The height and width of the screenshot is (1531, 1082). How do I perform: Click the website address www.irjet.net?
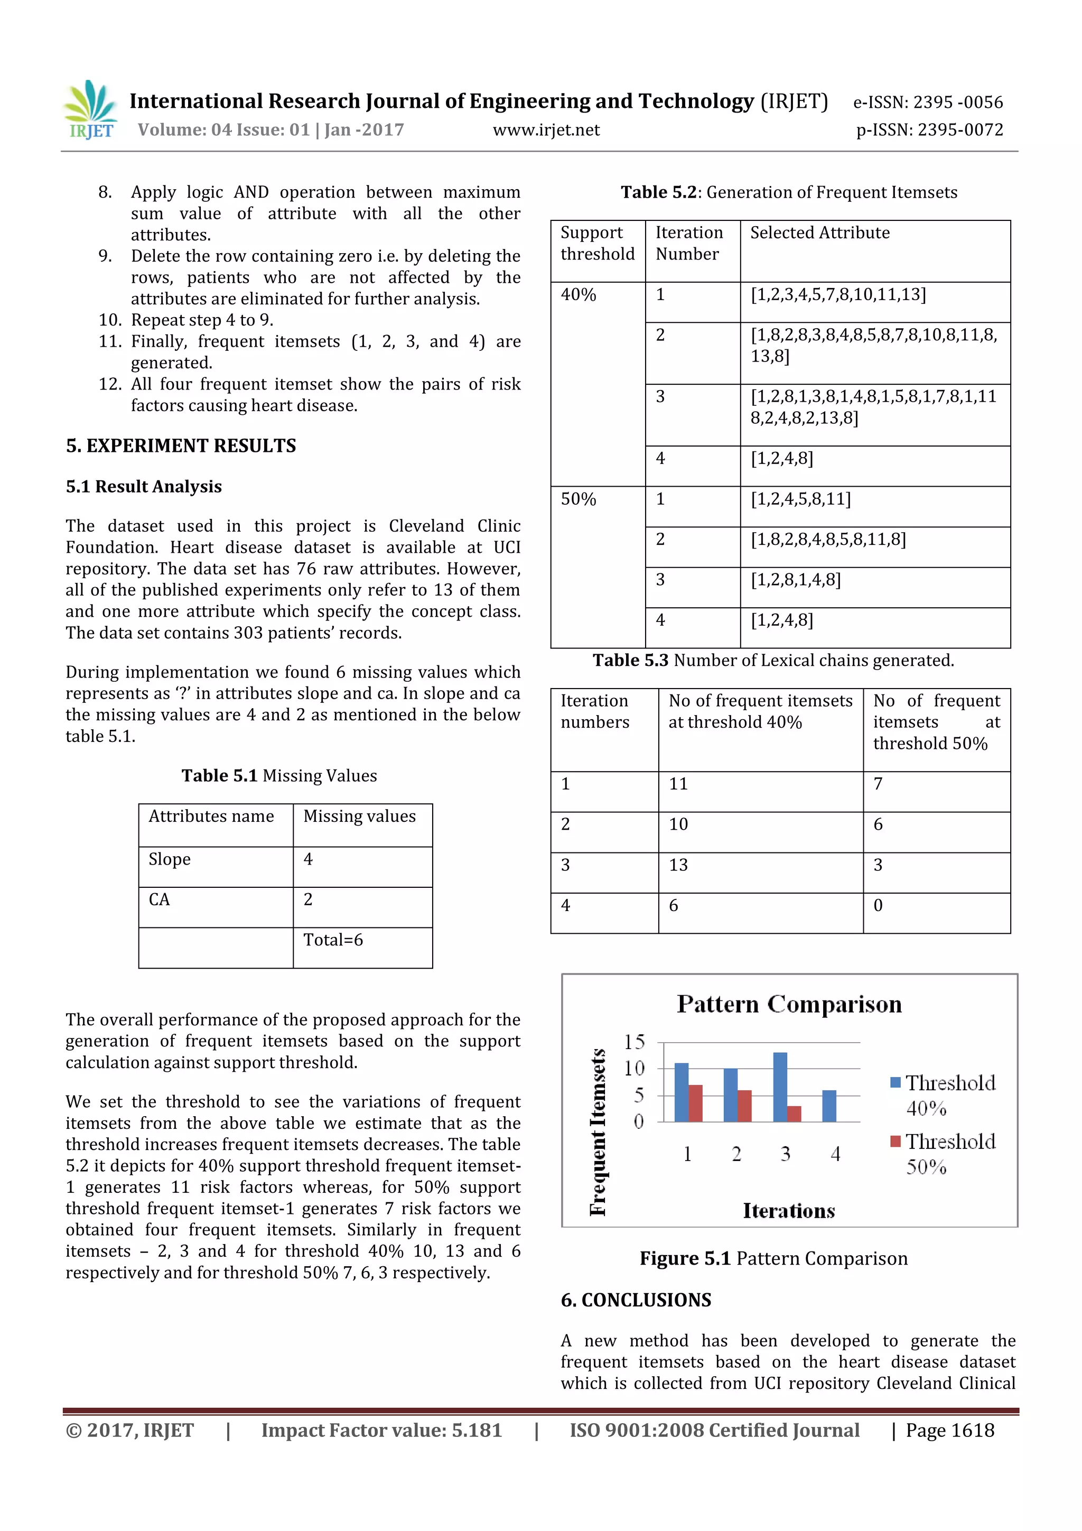coord(546,130)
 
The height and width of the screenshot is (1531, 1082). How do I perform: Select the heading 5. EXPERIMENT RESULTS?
coord(181,446)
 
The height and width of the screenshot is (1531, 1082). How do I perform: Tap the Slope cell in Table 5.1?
coord(170,859)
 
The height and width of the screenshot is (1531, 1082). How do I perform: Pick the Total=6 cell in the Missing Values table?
coord(333,940)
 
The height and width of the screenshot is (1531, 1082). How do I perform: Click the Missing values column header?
coord(359,817)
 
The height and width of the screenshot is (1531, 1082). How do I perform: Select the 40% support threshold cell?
coord(578,295)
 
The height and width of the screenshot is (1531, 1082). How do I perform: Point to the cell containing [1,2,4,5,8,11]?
coord(800,499)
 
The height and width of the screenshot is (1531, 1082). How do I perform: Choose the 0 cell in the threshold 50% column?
coord(878,905)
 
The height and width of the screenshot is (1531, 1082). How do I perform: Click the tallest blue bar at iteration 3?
coord(779,1087)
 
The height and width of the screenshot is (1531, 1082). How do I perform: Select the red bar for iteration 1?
coord(695,1103)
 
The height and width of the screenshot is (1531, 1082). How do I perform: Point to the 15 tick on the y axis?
coord(634,1042)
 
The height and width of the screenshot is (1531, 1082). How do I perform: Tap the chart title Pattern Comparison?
coord(789,1004)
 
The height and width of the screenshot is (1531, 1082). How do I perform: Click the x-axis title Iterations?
coord(789,1211)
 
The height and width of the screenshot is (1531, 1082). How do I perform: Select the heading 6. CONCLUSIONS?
coord(636,1300)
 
